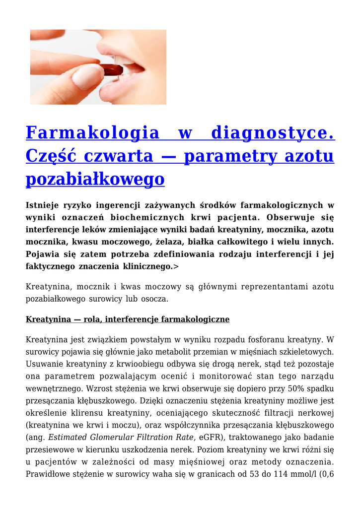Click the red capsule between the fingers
[x=114, y=69]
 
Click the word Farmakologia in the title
[x=92, y=133]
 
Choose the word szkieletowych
[x=304, y=352]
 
